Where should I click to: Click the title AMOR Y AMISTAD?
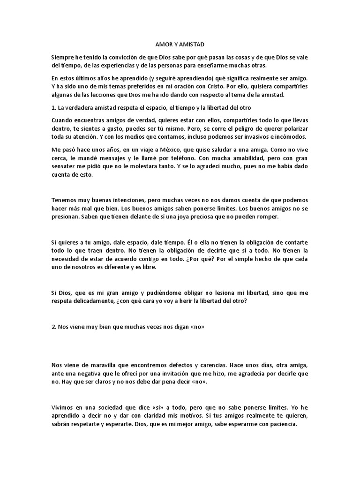[x=180, y=44]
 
